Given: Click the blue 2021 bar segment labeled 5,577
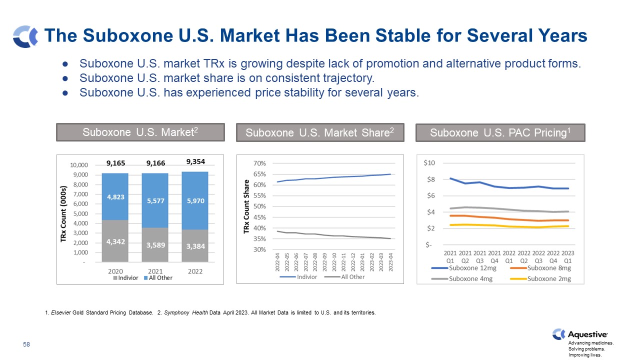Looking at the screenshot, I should coord(155,200).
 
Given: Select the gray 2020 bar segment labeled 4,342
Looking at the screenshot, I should coord(115,241).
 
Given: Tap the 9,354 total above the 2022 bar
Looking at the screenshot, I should coord(195,161).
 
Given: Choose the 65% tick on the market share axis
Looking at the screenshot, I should coord(259,174).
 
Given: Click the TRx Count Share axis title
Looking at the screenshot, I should coord(246,206).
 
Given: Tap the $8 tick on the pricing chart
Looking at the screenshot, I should coord(429,179).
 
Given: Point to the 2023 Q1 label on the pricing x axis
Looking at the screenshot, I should coord(568,256).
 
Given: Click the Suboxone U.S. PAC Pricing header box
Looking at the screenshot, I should coord(500,132).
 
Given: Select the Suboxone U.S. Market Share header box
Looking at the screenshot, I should coord(320,132).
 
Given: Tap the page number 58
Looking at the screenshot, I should coord(26,344).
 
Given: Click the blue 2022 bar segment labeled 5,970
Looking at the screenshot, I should coord(195,200).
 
